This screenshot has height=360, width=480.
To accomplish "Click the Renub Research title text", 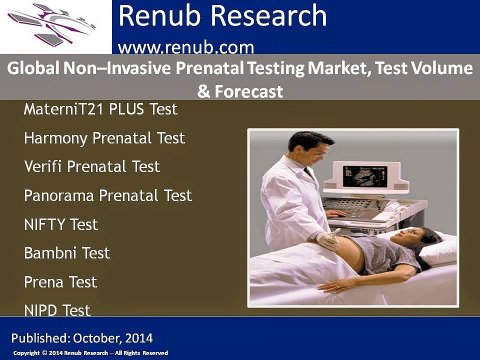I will click(221, 17).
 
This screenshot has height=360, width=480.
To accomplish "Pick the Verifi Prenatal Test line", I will click(91, 166).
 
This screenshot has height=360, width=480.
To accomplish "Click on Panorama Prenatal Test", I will click(108, 195).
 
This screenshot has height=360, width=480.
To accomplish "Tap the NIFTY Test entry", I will click(61, 224).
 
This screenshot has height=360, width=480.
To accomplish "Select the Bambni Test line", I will click(67, 253).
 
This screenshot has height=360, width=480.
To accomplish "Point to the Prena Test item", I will click(60, 282).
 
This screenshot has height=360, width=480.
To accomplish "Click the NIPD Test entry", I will click(57, 311).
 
